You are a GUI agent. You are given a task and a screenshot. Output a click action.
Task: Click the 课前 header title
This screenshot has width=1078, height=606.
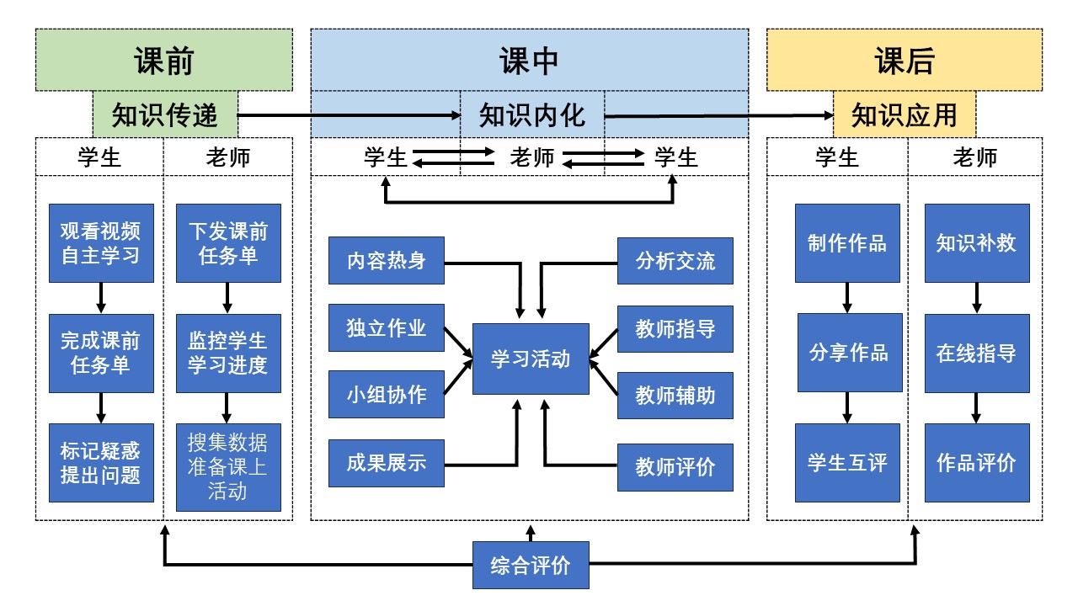tap(164, 61)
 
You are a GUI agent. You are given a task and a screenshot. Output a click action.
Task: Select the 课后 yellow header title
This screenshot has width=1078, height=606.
tap(904, 61)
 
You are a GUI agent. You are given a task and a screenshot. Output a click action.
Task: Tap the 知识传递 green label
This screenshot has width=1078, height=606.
tap(165, 114)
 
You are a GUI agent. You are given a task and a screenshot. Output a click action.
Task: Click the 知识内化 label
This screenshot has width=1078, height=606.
tap(531, 114)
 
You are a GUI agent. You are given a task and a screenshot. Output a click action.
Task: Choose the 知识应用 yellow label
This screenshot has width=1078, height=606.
tap(905, 114)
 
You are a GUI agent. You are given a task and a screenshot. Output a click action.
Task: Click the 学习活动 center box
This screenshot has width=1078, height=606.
tap(531, 359)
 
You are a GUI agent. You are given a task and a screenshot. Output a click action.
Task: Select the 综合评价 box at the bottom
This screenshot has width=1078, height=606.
tap(531, 566)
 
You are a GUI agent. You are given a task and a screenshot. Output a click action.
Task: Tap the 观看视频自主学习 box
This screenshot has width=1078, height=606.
tap(101, 243)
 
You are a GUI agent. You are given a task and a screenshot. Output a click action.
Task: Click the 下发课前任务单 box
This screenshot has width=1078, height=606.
tap(228, 243)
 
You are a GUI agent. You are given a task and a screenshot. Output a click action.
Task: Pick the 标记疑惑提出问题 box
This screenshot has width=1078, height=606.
tap(101, 463)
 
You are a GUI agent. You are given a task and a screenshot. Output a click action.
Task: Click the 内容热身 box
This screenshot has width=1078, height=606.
tap(387, 261)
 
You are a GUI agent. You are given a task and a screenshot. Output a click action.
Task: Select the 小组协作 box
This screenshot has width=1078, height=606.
tap(387, 394)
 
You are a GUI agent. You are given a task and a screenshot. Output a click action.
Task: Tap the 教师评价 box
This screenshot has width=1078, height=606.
tap(675, 467)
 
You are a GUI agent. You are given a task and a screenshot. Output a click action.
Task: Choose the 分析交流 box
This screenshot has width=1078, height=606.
tap(675, 261)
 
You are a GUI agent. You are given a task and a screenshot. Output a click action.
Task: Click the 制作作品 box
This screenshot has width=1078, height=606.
tap(847, 243)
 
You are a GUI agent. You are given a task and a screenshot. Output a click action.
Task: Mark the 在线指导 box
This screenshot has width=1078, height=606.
tap(977, 353)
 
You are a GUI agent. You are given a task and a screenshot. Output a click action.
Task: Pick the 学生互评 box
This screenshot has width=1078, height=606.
tap(847, 463)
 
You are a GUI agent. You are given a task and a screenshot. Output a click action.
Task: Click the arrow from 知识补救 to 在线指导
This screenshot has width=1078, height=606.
tap(977, 298)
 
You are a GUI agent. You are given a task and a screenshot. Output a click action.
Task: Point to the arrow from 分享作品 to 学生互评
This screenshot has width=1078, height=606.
tap(847, 407)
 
